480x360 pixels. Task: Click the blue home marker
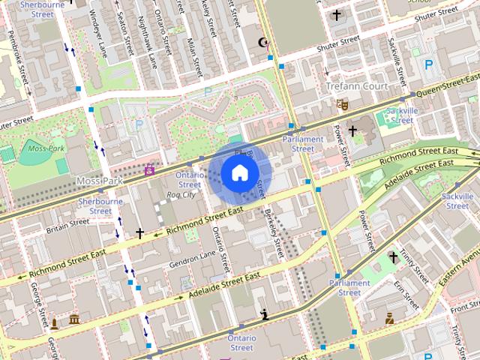pos(238,173)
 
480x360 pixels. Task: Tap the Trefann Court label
pos(356,86)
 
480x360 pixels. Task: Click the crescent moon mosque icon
pos(262,43)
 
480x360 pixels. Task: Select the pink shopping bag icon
pos(149,170)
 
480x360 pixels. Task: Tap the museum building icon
pos(74,321)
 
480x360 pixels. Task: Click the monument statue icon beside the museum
pos(54,323)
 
